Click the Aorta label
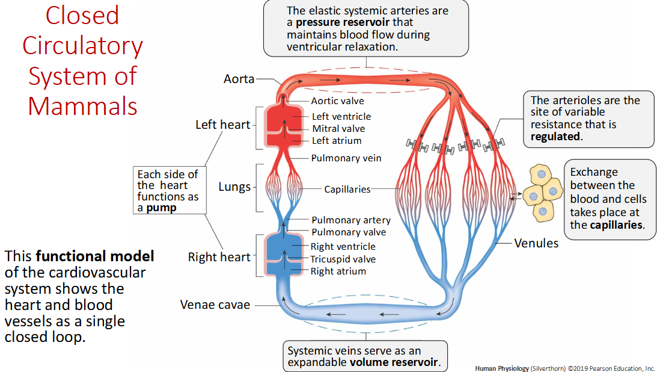pyautogui.click(x=239, y=79)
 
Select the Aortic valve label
pyautogui.click(x=337, y=101)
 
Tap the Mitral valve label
pyautogui.click(x=338, y=128)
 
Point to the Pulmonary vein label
pyautogui.click(x=346, y=158)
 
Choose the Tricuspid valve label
pyautogui.click(x=343, y=259)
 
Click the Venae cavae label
pyautogui.click(x=215, y=305)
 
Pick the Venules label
pyautogui.click(x=536, y=243)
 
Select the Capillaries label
pyautogui.click(x=347, y=189)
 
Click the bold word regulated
pyautogui.click(x=555, y=137)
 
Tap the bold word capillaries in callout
pyautogui.click(x=616, y=225)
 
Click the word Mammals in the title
pyautogui.click(x=82, y=106)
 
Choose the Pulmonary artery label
pyautogui.click(x=351, y=220)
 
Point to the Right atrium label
pyautogui.click(x=338, y=271)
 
